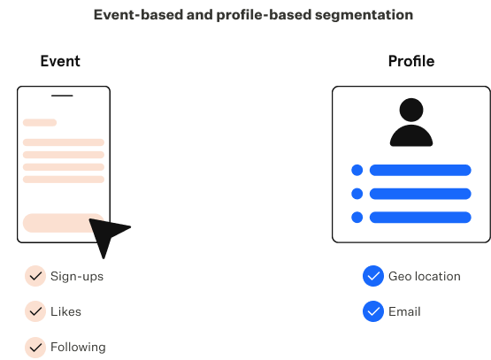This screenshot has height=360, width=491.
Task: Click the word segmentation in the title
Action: [364, 15]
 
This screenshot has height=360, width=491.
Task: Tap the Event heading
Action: [60, 61]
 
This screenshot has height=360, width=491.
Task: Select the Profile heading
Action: [411, 61]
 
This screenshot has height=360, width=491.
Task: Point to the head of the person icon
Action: [411, 110]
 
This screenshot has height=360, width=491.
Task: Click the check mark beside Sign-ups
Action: [35, 276]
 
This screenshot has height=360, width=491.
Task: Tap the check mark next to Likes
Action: [35, 311]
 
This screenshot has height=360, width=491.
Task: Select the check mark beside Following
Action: [35, 347]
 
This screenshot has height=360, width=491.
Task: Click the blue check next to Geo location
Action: [373, 276]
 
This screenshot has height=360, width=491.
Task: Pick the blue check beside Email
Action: [373, 311]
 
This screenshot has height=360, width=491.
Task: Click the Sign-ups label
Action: [77, 277]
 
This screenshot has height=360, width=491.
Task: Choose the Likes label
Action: [65, 311]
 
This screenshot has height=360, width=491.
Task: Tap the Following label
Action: [78, 347]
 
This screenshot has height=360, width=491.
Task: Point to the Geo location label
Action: [425, 276]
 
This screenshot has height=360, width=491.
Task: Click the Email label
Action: [404, 311]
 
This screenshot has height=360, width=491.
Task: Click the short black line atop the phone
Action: [62, 96]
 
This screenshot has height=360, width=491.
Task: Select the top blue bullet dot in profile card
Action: [357, 170]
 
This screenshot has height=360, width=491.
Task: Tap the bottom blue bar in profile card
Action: [420, 218]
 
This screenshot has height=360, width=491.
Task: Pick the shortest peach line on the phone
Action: [40, 122]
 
